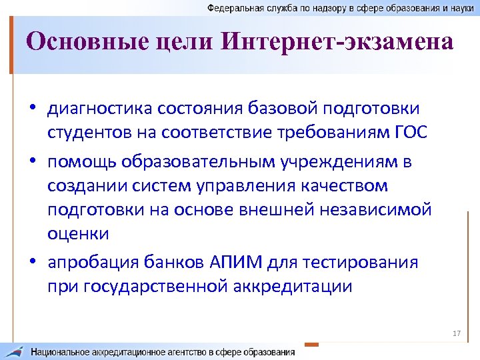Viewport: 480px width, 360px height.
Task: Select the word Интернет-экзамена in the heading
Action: tap(337, 43)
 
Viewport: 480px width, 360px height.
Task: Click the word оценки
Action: tap(78, 234)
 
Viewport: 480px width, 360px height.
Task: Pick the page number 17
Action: tap(457, 333)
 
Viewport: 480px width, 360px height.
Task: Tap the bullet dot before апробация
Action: tap(33, 263)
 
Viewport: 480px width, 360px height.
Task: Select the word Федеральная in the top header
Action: tap(233, 7)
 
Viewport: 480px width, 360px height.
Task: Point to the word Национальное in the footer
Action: tap(62, 351)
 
